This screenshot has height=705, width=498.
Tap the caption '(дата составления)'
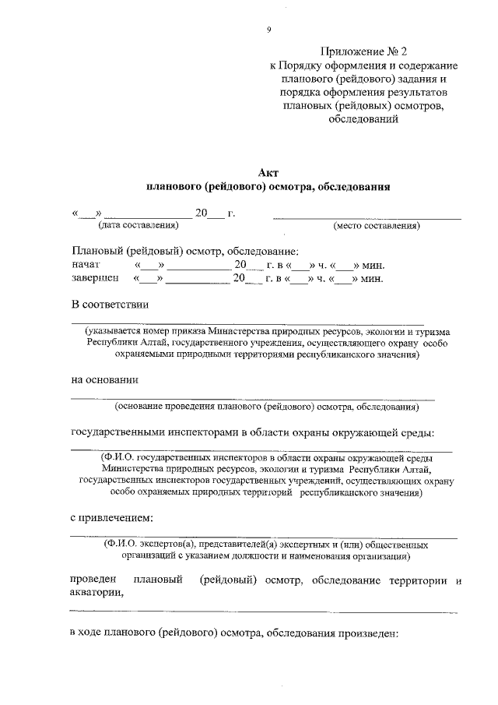point(138,226)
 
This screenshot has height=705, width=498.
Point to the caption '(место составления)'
point(377,226)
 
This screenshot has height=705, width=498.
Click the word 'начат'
point(86,264)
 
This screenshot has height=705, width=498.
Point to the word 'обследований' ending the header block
point(363,120)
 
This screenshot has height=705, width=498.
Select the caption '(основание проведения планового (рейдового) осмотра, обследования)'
point(267,406)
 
